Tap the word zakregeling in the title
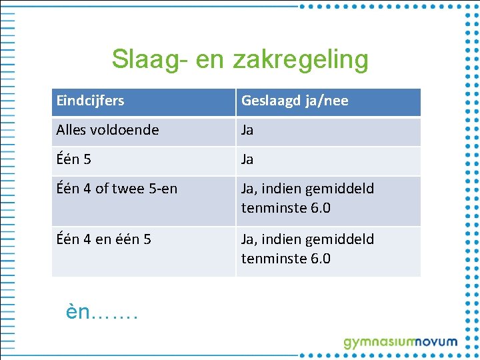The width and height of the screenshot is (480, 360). tap(300, 59)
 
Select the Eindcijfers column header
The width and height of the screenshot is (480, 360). tap(90, 101)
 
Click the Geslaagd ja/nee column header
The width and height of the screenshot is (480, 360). tap(295, 101)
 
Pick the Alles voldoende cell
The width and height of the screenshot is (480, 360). tap(107, 130)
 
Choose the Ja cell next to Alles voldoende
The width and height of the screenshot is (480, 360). tap(247, 130)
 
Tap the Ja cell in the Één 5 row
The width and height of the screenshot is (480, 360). tap(247, 159)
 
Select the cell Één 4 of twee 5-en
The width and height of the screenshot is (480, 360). tap(117, 189)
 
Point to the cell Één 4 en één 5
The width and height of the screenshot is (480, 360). tap(103, 239)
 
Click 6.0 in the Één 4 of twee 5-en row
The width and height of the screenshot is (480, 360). tap(320, 208)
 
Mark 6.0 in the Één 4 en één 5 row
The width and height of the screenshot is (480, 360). tap(320, 259)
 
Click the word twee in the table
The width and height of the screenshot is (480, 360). tap(129, 189)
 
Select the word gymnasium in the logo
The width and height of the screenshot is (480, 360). tap(378, 343)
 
